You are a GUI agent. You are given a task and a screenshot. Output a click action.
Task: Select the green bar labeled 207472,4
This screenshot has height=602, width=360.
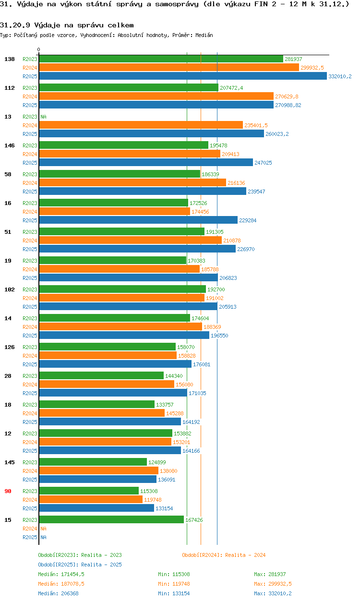(128, 88)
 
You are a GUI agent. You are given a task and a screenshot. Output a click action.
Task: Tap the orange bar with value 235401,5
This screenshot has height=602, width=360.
(141, 125)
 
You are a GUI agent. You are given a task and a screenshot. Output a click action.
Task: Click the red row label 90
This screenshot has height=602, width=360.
(8, 491)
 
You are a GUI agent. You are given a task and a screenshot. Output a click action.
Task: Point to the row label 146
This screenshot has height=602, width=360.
(10, 145)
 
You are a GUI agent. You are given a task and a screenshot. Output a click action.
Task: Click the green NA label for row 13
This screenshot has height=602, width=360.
(43, 117)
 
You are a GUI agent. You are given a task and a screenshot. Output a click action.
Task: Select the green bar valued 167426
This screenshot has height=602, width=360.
(111, 520)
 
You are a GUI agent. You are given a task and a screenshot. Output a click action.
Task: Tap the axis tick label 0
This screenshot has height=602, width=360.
(39, 49)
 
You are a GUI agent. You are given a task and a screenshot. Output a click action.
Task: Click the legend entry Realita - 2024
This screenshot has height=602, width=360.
(224, 555)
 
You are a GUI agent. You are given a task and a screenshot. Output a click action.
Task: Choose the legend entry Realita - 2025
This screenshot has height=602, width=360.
(80, 565)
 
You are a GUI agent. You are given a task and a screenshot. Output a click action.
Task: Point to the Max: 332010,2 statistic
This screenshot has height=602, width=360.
(273, 593)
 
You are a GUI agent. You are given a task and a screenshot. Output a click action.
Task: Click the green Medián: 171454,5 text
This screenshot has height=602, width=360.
(61, 574)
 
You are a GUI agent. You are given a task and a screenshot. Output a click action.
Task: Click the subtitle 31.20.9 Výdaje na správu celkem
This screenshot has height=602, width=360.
(67, 25)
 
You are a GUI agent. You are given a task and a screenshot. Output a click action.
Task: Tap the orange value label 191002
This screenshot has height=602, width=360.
(215, 298)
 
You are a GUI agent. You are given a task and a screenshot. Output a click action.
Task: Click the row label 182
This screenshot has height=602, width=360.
(10, 289)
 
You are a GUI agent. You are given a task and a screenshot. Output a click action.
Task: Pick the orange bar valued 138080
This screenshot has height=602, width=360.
(98, 471)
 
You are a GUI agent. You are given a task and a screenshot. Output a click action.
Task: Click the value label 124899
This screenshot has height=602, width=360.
(157, 462)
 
